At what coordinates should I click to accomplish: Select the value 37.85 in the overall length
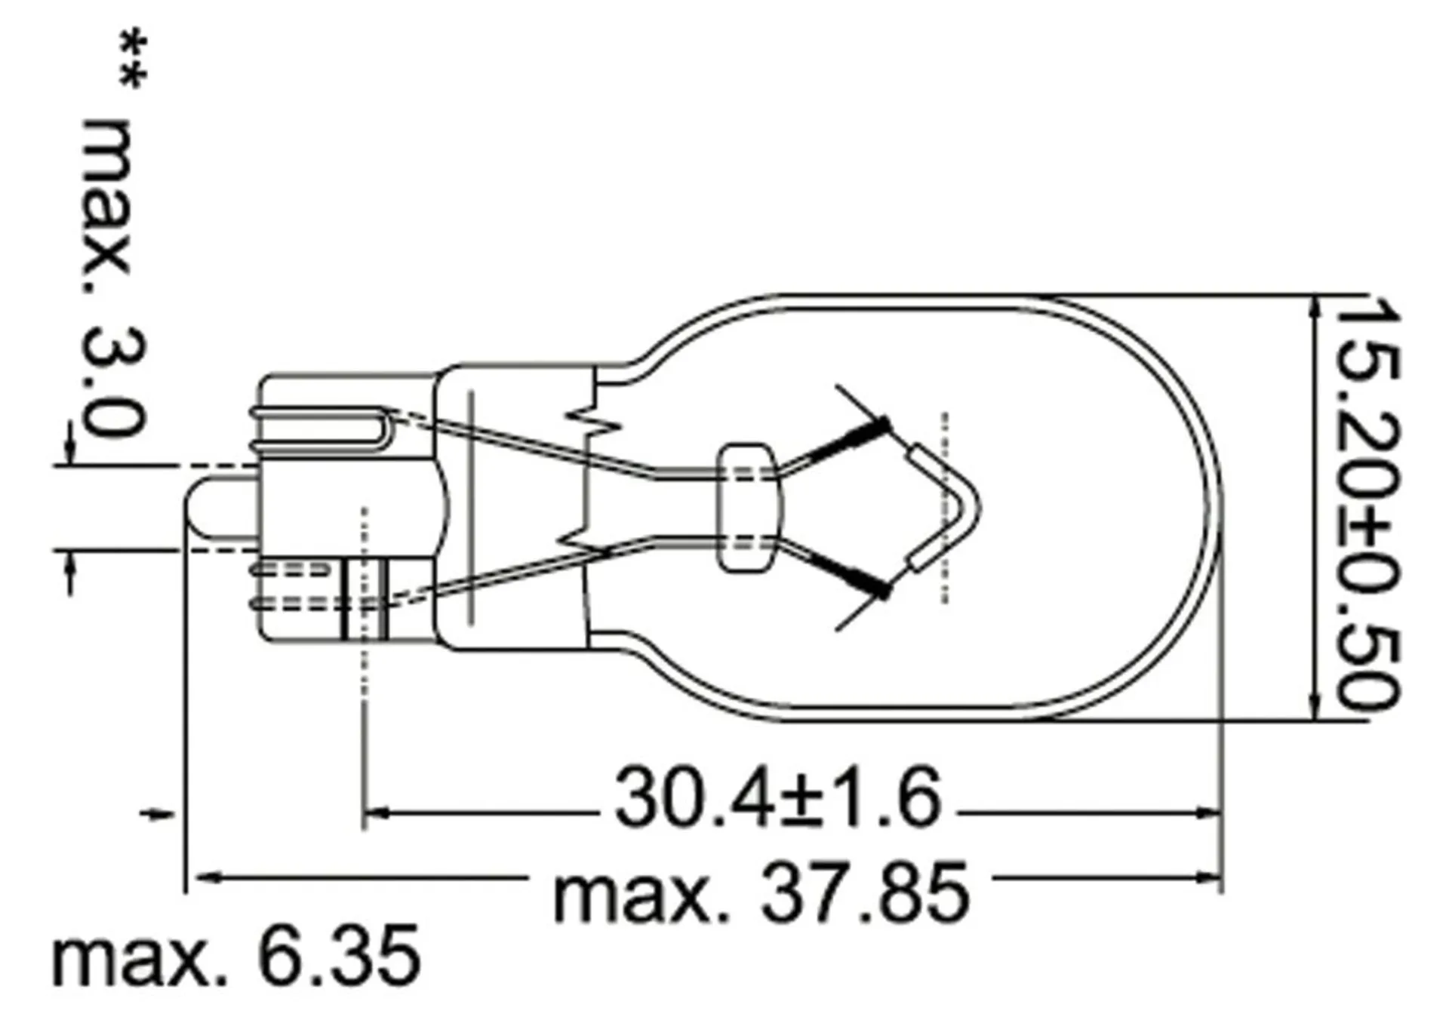tap(865, 893)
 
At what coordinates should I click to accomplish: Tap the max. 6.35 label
tap(236, 956)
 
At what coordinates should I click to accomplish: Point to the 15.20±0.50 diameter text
tap(1367, 503)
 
